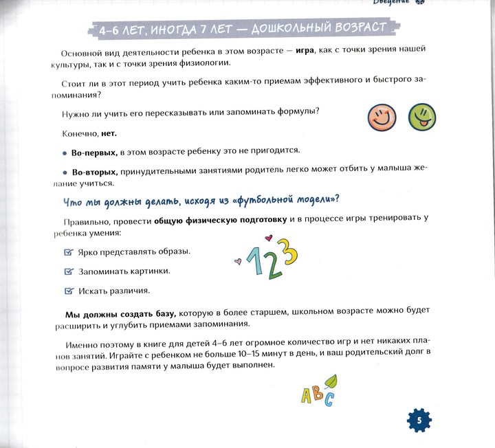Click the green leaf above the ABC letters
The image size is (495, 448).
[x=331, y=380]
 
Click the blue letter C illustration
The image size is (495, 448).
[x=329, y=399]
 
